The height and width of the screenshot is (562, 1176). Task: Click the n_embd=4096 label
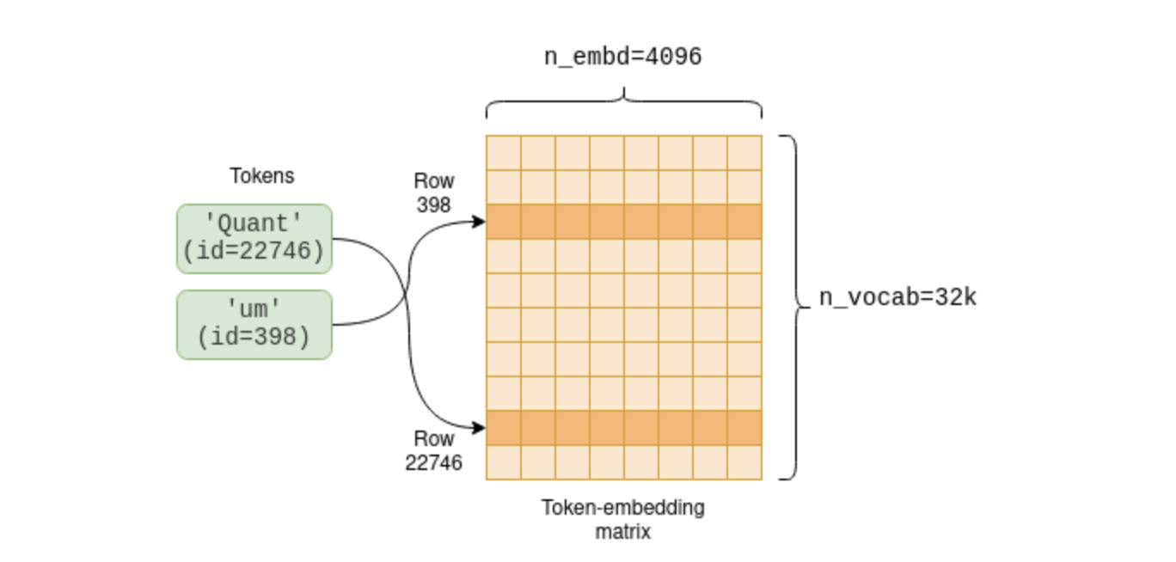[623, 58]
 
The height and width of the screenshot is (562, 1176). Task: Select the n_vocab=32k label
[897, 298]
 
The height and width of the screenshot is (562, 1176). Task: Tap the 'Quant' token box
[254, 238]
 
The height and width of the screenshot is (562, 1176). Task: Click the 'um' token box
[254, 324]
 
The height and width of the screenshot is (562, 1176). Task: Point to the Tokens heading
[261, 176]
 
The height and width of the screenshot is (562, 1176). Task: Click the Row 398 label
[434, 193]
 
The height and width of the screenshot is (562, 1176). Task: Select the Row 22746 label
[434, 451]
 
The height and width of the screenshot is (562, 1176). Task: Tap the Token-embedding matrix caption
[623, 519]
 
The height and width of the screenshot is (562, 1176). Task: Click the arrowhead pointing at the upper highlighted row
[479, 222]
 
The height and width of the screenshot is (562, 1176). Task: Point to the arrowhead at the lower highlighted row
[479, 428]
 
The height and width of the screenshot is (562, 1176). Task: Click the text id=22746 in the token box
[254, 252]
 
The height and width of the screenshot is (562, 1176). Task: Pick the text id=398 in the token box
[254, 338]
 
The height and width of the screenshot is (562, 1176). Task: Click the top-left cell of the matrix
[504, 152]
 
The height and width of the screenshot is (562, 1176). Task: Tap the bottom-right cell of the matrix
[744, 461]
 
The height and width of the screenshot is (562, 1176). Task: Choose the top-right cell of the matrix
[744, 152]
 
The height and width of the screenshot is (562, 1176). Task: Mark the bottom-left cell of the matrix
[504, 461]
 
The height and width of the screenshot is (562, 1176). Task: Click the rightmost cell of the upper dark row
[744, 222]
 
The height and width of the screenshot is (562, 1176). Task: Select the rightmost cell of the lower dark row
[744, 428]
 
